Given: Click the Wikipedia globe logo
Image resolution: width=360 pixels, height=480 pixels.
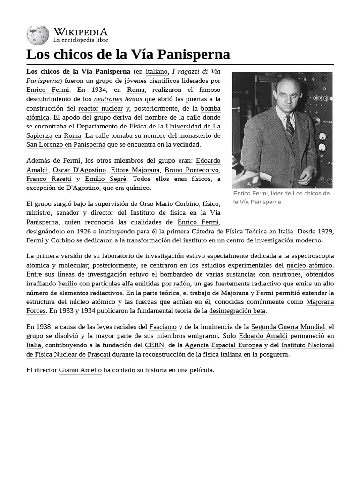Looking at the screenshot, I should [37, 35].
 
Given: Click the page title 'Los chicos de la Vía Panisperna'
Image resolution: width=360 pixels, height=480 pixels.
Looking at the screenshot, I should [128, 54].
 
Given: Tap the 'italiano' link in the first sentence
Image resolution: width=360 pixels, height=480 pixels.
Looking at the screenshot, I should [156, 72].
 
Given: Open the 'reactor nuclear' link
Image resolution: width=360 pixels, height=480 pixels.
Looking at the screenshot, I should [100, 108].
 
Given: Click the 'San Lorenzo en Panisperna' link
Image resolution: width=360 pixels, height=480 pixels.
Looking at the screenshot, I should [66, 144].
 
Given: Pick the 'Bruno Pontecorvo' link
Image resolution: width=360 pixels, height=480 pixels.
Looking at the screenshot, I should [191, 170].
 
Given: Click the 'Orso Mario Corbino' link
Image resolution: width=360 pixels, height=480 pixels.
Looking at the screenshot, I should [169, 204].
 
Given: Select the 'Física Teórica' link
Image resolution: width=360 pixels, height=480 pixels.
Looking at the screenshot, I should [246, 231].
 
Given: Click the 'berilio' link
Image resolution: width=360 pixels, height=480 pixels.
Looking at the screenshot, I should [67, 284].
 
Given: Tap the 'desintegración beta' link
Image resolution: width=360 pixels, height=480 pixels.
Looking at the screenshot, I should [237, 311].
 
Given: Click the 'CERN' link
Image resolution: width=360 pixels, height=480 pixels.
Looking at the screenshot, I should [154, 345].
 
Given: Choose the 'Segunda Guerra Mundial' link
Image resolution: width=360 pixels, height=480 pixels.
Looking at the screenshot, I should [288, 327].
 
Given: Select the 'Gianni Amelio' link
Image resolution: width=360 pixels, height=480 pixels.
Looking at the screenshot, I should [80, 370].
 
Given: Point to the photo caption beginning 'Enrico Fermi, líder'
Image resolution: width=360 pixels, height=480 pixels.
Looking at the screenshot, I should [281, 197].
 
